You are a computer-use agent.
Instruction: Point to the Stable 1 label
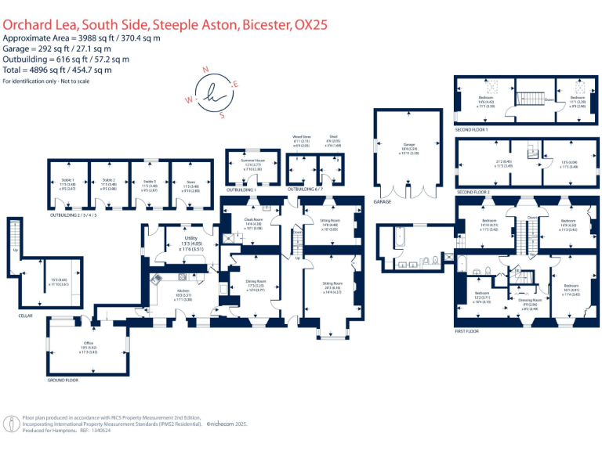point(67,180)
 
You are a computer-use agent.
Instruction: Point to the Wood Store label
point(302,136)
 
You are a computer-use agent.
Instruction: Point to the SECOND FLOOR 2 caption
point(473,192)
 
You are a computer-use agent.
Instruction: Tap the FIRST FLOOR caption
point(466,331)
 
